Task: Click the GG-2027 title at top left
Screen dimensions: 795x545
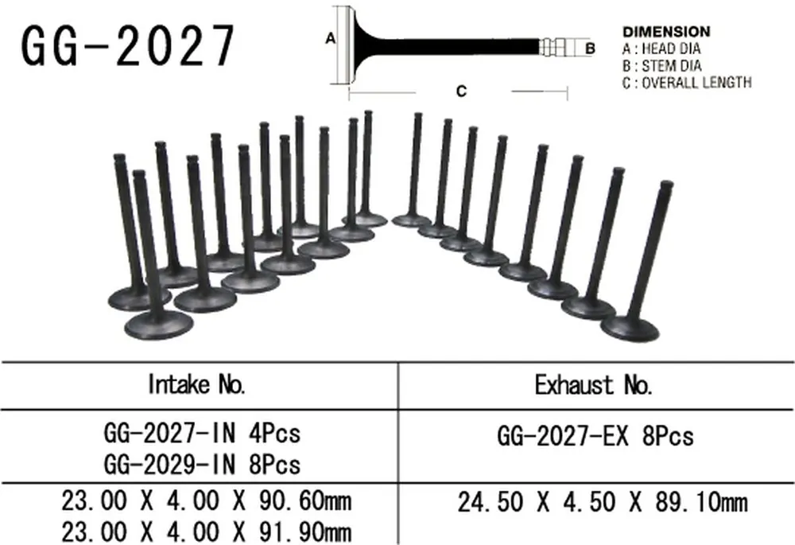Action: tap(128, 45)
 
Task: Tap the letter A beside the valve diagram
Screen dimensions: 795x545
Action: tap(331, 38)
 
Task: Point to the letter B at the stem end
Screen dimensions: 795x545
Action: tap(590, 49)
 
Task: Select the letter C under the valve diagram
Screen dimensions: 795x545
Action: tap(461, 91)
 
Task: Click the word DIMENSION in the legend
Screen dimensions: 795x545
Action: tap(666, 32)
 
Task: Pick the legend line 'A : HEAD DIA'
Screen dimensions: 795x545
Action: tap(661, 49)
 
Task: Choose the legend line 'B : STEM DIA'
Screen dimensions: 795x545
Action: tap(661, 66)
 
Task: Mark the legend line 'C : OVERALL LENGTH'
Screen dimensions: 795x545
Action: tap(687, 82)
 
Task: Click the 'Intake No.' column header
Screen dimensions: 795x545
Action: tap(196, 384)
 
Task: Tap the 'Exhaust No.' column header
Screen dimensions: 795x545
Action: tap(594, 385)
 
